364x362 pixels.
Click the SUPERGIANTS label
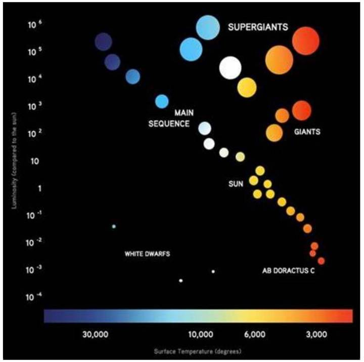pos(257,28)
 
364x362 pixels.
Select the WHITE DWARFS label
pos(147,254)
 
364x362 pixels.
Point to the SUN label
pos(236,185)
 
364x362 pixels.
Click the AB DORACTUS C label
pos(288,271)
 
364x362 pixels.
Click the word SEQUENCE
pos(169,123)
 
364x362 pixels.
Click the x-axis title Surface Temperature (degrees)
pos(198,350)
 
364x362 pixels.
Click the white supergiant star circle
pos(231,67)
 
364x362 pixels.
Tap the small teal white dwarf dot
pos(114,226)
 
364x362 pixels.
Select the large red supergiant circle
pos(305,40)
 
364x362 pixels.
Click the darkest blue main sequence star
pos(103,42)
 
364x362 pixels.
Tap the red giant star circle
pos(301,109)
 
